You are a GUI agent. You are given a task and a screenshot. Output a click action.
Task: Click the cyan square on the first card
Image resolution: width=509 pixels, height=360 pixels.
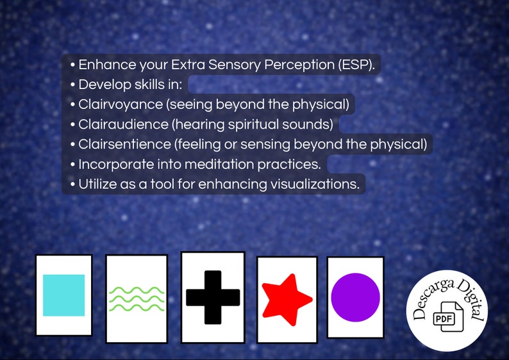[63, 295]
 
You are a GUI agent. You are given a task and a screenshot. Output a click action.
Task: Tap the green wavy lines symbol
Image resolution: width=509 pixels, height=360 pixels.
[136, 299]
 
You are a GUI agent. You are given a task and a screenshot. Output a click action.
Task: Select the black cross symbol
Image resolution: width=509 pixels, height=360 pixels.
[213, 297]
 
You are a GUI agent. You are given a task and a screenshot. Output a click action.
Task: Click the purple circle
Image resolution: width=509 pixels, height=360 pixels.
[355, 297]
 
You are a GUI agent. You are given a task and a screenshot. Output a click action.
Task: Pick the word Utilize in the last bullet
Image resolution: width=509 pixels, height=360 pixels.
[97, 184]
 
